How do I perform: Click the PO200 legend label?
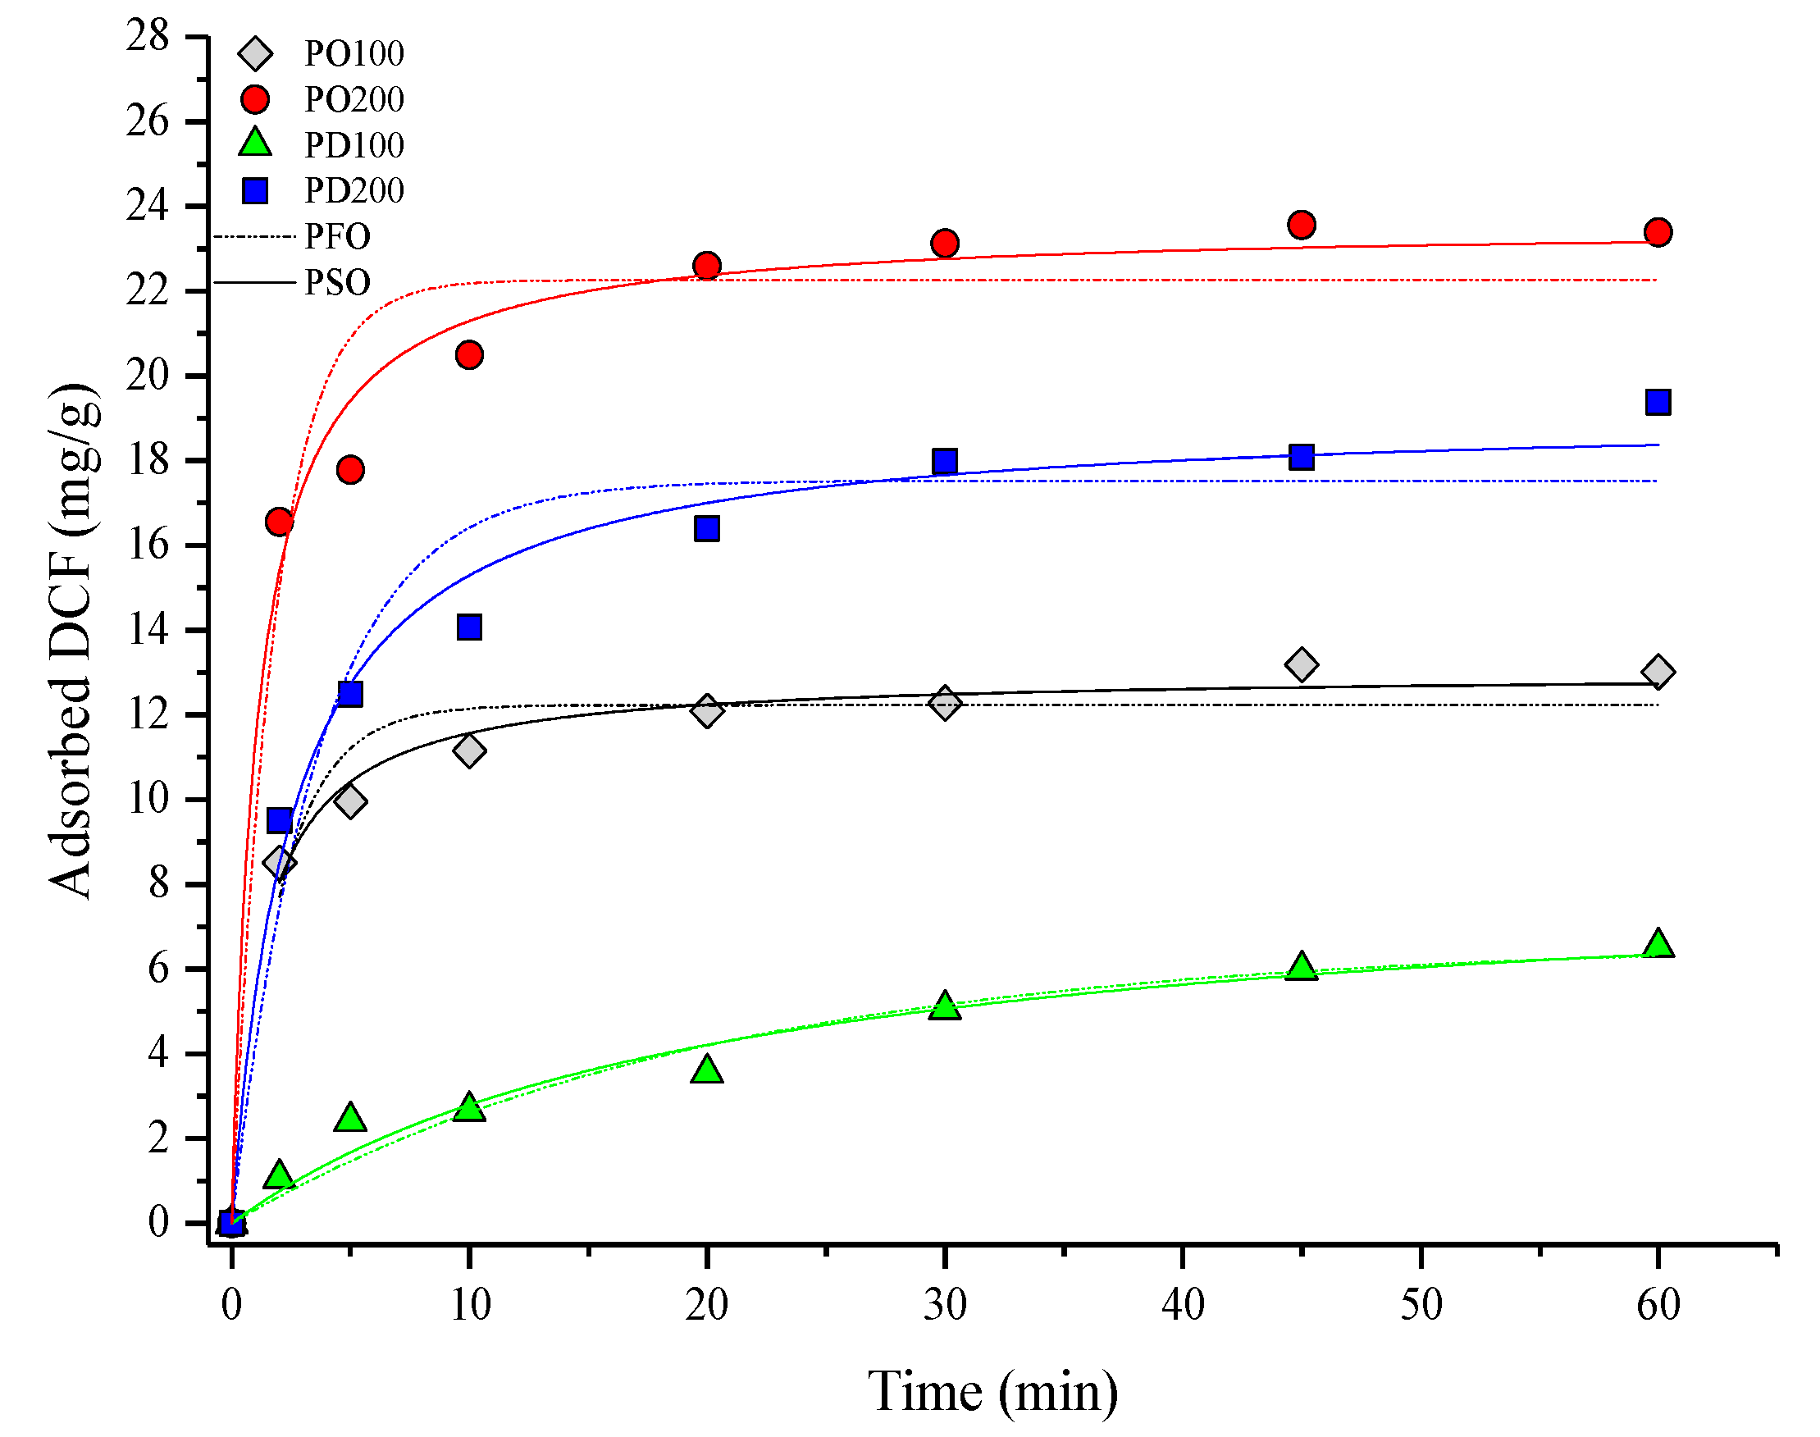coord(354,100)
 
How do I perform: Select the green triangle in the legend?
coord(255,143)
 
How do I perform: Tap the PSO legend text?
coord(336,283)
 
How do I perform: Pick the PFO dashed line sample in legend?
coord(254,237)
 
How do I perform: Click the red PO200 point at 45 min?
coord(1301,225)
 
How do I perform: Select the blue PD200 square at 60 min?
coord(1658,402)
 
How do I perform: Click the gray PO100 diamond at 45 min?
coord(1301,664)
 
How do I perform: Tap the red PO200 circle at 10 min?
coord(468,355)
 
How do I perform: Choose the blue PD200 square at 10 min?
coord(468,627)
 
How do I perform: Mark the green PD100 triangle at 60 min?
coord(1658,944)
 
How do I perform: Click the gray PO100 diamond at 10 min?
coord(468,750)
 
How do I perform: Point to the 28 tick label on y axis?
coord(148,36)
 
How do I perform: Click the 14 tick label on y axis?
coord(148,629)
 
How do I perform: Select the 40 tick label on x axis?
coord(1182,1305)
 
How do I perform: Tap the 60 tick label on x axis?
coord(1658,1305)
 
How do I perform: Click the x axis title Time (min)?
coord(992,1392)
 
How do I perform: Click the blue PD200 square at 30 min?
coord(944,461)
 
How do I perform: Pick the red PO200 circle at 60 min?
coord(1658,232)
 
